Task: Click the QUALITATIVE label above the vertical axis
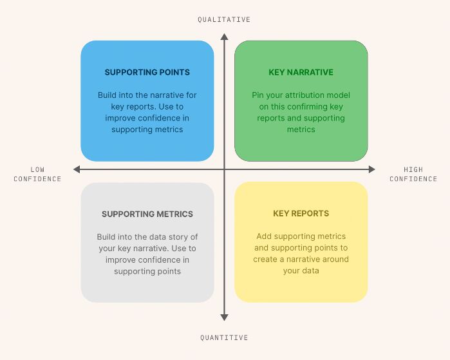click(224, 20)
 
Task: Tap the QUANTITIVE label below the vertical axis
click(224, 337)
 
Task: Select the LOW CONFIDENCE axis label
click(37, 175)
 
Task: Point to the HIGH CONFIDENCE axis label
click(413, 175)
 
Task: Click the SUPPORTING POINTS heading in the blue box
click(147, 73)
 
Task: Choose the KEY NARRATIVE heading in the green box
click(301, 73)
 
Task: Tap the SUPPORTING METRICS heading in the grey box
click(147, 214)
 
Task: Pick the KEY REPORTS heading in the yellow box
click(301, 213)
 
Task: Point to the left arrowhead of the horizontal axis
click(77, 169)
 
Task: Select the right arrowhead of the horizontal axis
click(371, 169)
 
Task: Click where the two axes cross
click(224, 169)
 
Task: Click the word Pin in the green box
click(258, 95)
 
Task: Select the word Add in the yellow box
click(264, 236)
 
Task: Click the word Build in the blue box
click(108, 95)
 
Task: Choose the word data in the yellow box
click(310, 271)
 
